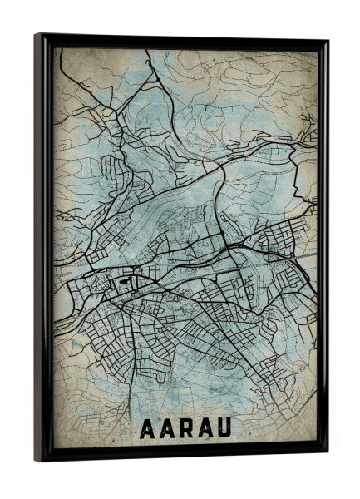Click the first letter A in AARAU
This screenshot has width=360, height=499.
146,429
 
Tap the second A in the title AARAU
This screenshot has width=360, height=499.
167,429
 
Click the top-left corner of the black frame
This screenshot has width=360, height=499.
36,34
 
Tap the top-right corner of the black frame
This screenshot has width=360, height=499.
328,40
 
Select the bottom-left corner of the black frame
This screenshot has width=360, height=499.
36,462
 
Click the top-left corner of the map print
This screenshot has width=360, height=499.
55,47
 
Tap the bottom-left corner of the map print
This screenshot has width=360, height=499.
55,448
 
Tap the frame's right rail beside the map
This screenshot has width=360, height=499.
323,249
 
